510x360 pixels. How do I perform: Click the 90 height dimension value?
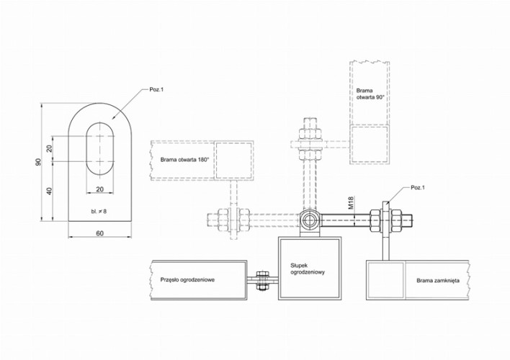pos(40,163)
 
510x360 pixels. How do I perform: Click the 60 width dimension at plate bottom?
pos(99,233)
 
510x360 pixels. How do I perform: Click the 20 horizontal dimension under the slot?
pos(99,189)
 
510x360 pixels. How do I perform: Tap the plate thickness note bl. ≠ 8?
pos(99,211)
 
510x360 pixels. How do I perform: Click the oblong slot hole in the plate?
pos(100,146)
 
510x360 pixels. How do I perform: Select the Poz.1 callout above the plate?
pos(156,89)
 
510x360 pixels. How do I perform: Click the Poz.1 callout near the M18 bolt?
pos(418,187)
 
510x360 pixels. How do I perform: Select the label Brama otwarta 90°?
pos(370,94)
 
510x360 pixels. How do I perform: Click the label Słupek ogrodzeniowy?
pos(309,269)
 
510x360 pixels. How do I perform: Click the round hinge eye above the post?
pos(310,219)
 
